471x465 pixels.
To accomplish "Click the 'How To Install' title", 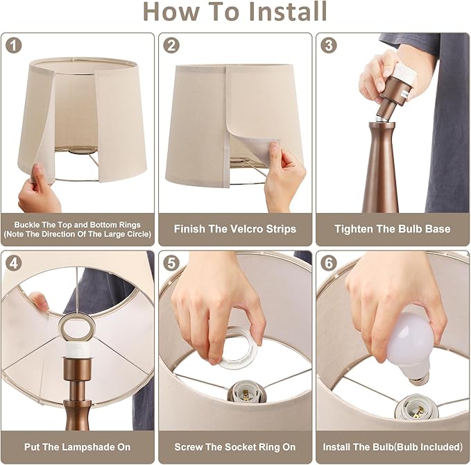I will point(235,12).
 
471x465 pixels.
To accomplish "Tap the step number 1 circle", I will point(14,46).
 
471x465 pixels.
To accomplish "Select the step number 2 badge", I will point(171,46).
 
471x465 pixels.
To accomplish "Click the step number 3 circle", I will point(329,46).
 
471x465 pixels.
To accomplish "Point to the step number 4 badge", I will point(14,264).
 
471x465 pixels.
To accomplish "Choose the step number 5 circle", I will point(171,264).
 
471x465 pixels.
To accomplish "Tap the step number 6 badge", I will point(329,264).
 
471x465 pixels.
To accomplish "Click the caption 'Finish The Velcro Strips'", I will point(234,229).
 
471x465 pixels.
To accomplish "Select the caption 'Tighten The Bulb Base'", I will point(392,229).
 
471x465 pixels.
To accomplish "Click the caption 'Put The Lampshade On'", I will point(77,448).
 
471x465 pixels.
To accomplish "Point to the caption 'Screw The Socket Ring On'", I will point(234,448).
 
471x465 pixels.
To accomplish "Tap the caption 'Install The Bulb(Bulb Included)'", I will point(393,448).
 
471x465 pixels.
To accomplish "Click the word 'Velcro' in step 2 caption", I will point(249,229).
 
